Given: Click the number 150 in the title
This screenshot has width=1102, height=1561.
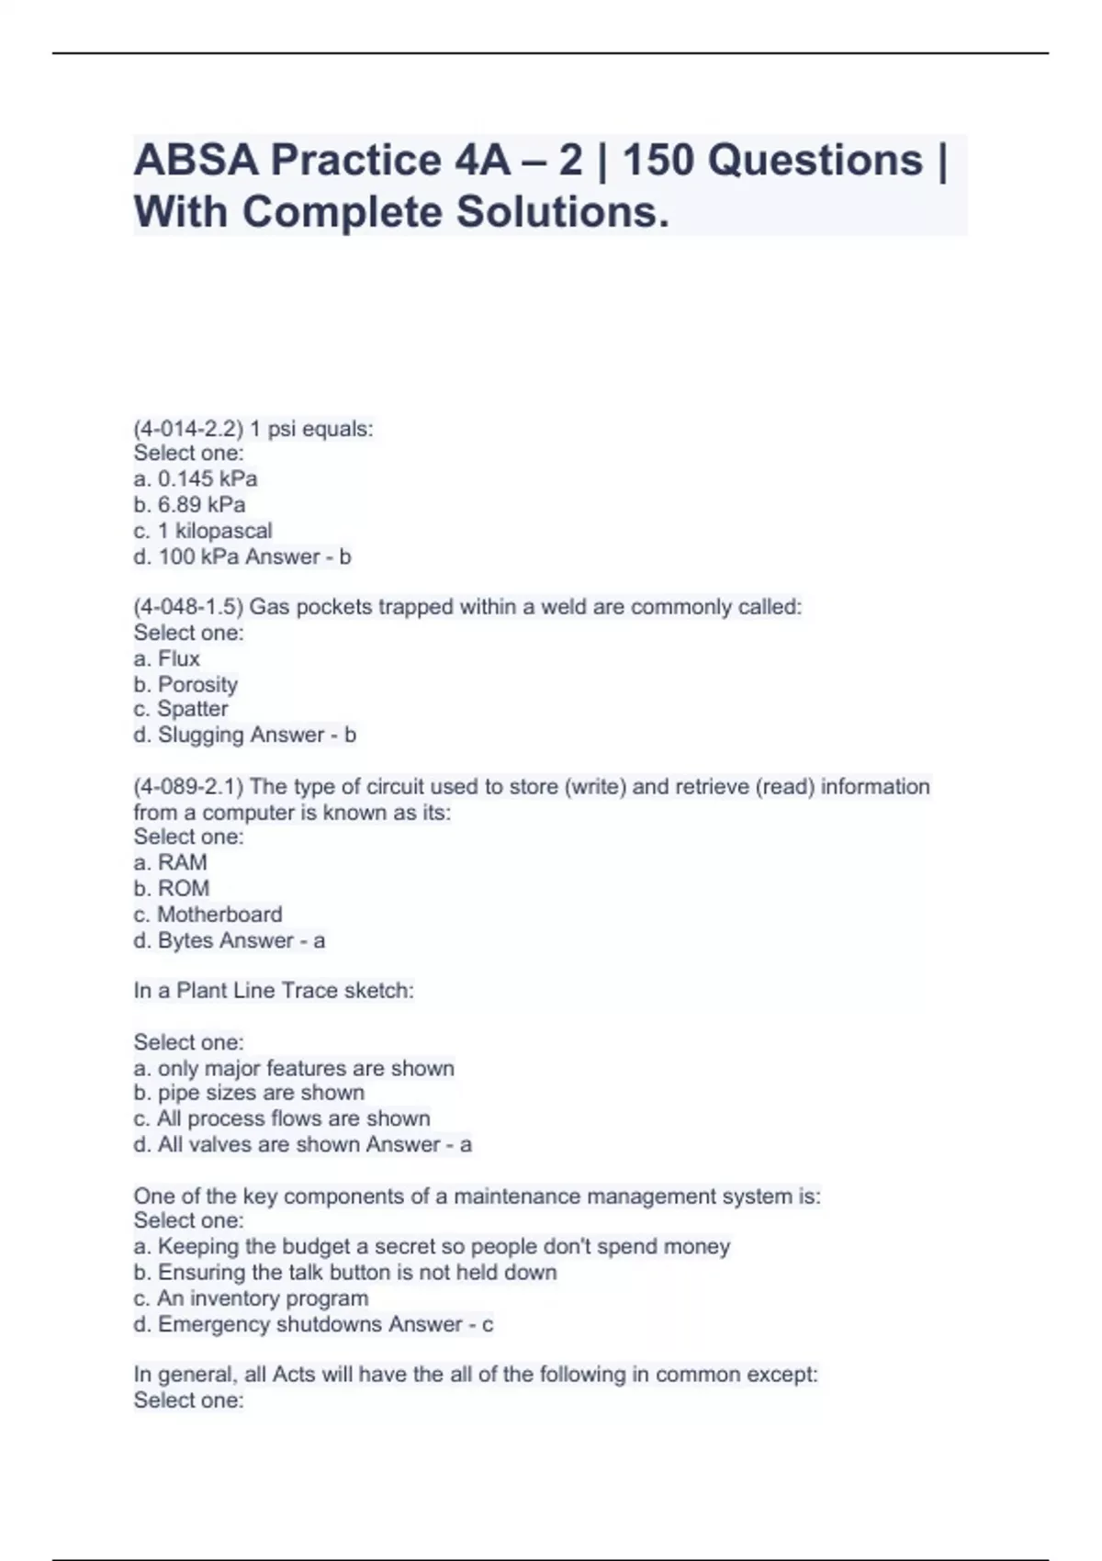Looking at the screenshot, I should (x=656, y=161).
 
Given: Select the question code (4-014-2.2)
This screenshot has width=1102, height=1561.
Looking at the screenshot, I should (x=188, y=429).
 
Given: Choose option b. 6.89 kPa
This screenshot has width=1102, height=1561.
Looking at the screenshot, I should (x=189, y=505).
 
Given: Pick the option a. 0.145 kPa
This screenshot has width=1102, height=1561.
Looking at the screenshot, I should (x=195, y=479).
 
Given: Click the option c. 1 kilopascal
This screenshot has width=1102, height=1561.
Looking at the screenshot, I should (x=203, y=531).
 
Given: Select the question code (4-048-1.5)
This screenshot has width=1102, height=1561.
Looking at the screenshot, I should (x=188, y=607).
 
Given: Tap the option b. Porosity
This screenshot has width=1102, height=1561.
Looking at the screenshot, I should (x=186, y=684).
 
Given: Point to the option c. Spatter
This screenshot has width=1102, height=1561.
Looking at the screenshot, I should (x=181, y=709).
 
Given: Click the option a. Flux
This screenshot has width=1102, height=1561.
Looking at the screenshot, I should (x=166, y=658).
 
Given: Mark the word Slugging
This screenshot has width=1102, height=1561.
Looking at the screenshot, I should (x=197, y=735).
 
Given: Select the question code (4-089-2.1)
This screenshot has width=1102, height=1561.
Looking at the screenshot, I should (x=188, y=787).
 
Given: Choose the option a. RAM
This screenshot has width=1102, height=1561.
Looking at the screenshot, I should (x=170, y=862).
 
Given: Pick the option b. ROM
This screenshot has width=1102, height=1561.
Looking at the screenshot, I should (x=171, y=888).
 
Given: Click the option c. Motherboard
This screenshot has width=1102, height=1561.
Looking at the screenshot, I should (x=208, y=915).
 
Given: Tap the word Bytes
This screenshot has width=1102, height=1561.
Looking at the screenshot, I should (x=186, y=940).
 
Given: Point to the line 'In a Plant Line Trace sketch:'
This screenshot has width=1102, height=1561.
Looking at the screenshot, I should (x=274, y=991).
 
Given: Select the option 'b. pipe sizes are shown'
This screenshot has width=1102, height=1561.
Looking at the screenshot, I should (x=249, y=1093).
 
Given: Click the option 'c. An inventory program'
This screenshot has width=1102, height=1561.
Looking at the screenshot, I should (x=251, y=1298).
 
